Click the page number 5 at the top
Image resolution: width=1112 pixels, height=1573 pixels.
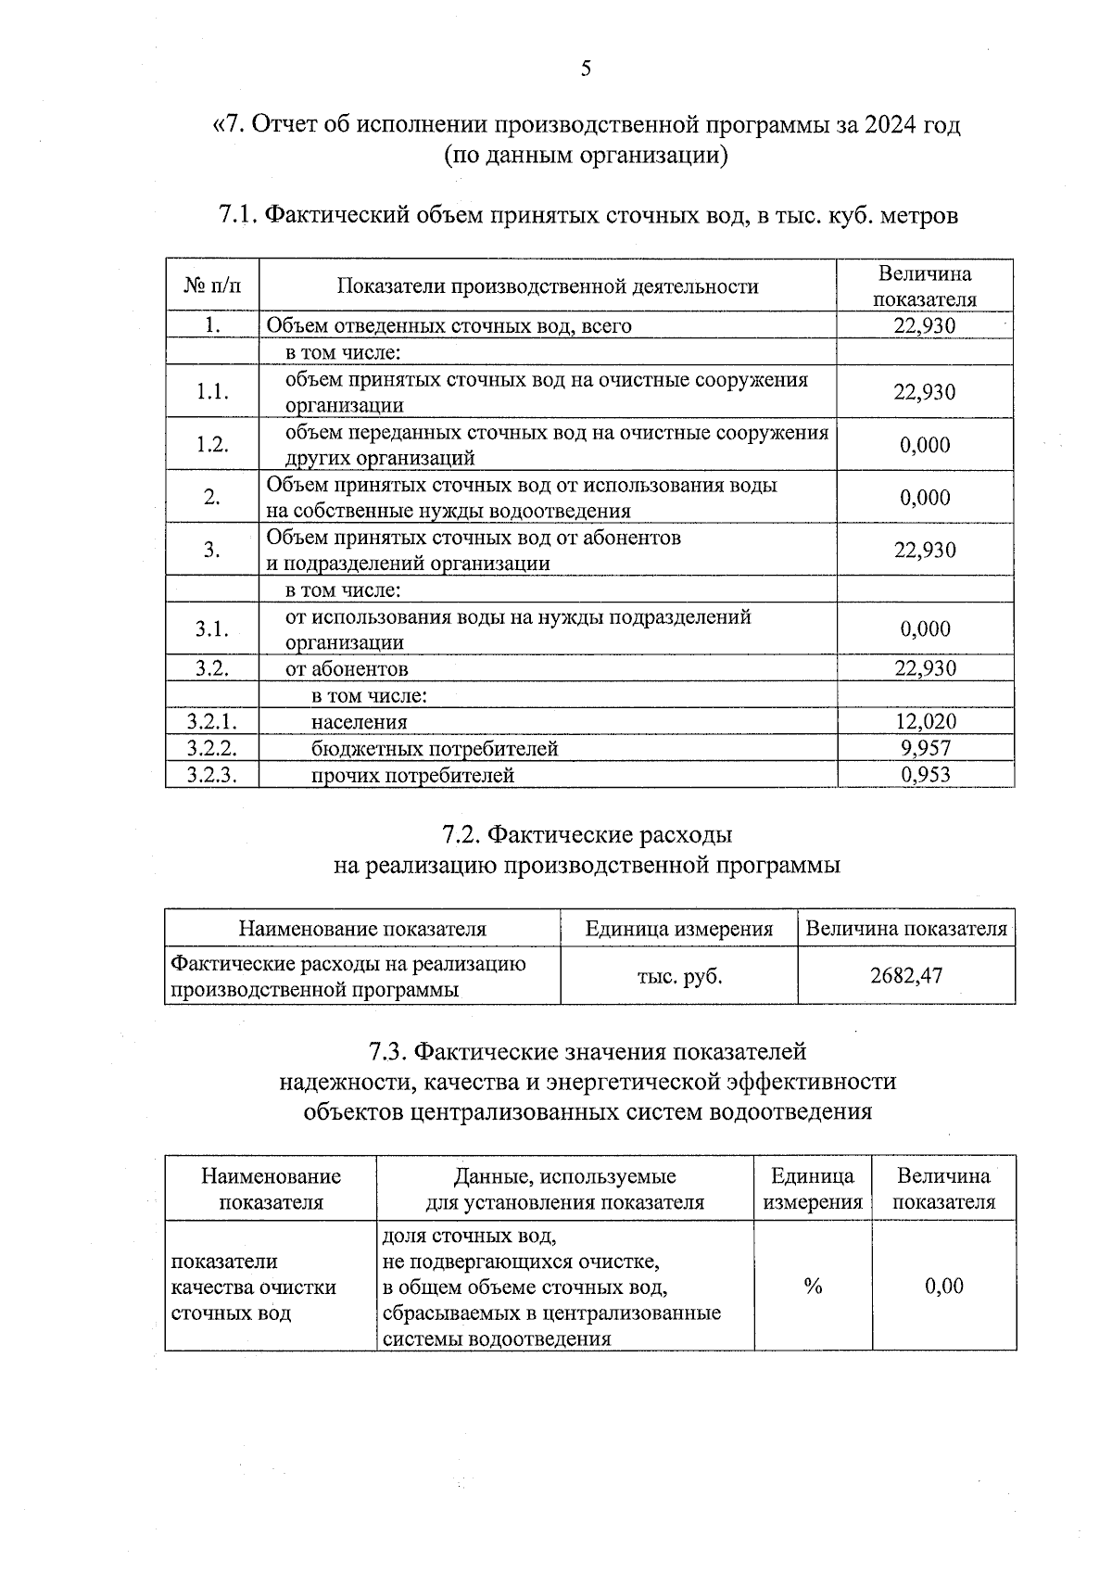tap(586, 69)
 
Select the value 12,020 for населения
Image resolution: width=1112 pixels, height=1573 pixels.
tap(925, 721)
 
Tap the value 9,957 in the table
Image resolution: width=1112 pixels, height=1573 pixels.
tap(925, 748)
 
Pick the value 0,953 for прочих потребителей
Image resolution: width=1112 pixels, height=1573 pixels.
tap(925, 775)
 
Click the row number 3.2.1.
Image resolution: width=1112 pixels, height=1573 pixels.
tap(211, 721)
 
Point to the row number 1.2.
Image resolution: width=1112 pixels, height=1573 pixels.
tap(212, 444)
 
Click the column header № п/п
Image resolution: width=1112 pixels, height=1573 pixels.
tap(212, 285)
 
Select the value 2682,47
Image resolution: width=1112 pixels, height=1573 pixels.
tap(905, 975)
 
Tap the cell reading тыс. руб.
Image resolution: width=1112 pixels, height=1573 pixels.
tap(678, 975)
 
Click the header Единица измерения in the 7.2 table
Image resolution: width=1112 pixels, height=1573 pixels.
tap(678, 929)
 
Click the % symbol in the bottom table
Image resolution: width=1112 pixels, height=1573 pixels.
tap(813, 1286)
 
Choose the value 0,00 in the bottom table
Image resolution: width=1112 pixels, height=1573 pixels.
tap(943, 1286)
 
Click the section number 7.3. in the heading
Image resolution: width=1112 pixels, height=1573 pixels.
tap(387, 1051)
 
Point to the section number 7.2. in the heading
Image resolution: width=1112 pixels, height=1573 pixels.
tap(461, 835)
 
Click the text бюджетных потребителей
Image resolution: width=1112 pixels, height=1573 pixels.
tap(434, 748)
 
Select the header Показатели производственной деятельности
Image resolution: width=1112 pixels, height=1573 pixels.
tap(547, 285)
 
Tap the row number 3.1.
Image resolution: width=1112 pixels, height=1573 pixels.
tap(212, 628)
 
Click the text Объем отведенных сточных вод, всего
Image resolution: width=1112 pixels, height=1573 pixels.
tap(449, 325)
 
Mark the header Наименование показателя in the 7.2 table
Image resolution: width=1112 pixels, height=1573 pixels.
tap(361, 929)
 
